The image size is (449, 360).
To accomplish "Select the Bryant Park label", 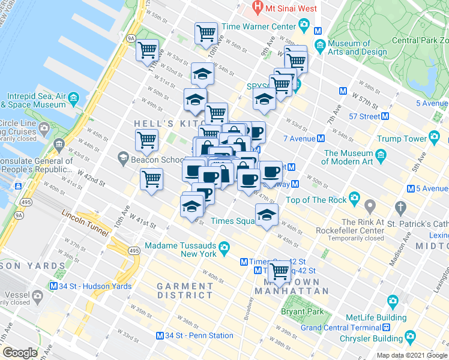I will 302,311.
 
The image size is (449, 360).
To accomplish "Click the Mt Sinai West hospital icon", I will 258,8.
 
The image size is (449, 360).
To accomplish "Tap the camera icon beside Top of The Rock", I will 354,197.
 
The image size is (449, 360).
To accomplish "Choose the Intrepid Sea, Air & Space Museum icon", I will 73,97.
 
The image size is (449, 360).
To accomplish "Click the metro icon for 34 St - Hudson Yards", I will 54,286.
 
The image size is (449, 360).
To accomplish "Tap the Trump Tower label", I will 402,139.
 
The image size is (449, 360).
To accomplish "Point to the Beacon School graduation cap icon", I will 123,158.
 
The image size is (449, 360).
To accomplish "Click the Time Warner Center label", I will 259,27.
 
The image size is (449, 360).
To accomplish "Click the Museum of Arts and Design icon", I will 320,44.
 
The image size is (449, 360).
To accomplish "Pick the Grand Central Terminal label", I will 341,328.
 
